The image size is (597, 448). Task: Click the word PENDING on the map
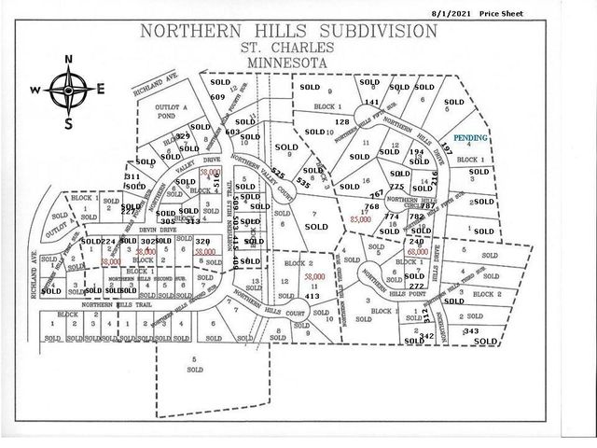click(x=471, y=137)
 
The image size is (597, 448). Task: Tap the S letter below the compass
click(x=68, y=121)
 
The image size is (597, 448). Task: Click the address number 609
click(x=219, y=96)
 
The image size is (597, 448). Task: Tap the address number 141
click(x=371, y=102)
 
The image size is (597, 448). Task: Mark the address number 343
click(x=470, y=331)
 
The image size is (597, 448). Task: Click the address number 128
click(x=341, y=122)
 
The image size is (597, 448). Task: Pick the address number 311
click(x=132, y=175)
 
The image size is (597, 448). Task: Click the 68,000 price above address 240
click(x=417, y=251)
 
